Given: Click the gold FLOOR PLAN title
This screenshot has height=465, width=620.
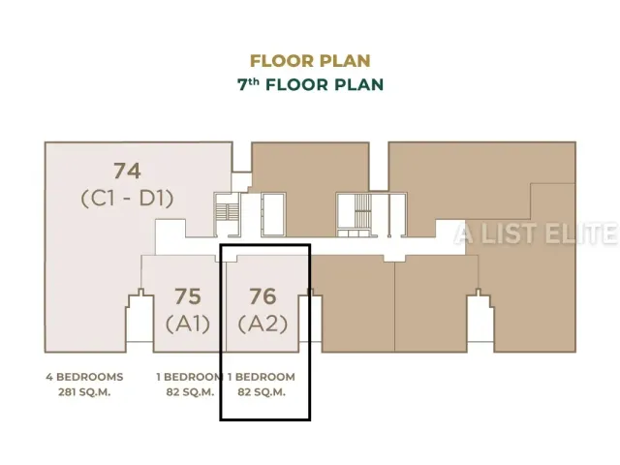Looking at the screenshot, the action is point(310,61).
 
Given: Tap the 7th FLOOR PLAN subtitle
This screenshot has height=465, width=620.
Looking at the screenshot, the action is point(310,84).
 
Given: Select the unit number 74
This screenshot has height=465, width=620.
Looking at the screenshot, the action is point(127,170).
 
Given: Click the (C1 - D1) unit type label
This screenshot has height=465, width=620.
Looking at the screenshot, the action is point(127,199).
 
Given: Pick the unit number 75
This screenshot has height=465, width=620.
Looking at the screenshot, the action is point(188,296).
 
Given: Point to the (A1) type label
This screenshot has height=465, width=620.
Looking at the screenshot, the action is point(188,325).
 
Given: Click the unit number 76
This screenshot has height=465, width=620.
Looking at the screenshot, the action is point(263,296).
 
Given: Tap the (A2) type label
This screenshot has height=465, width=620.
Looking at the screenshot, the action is point(263,325).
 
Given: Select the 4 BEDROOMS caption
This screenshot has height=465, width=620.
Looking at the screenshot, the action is point(84,377).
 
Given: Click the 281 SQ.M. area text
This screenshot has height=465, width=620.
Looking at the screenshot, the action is point(84,392).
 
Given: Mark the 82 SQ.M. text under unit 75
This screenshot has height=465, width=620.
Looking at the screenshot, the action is point(190,392).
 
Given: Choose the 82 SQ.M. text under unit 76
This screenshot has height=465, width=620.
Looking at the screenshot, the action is point(262,392).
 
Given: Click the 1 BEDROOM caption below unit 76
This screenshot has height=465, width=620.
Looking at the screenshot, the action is point(262,377).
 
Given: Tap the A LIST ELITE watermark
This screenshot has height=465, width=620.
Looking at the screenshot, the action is point(536,233).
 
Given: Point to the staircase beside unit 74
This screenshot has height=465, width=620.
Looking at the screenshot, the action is point(228,213).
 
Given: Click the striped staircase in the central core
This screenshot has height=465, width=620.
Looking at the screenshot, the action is point(362,211).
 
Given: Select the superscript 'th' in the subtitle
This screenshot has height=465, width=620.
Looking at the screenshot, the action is point(254,81).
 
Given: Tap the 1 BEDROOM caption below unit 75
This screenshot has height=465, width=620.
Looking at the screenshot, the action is point(189,377).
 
